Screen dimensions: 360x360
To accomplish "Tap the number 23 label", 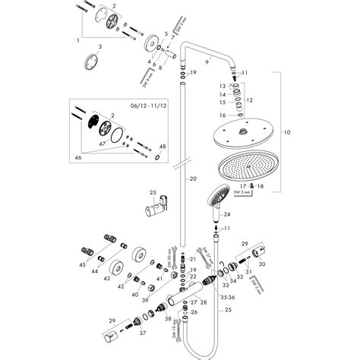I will (x=153, y=193).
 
